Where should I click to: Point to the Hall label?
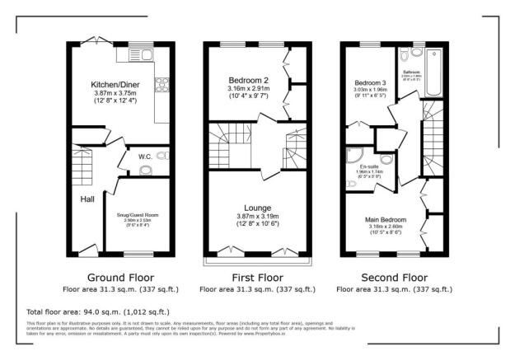[x=87, y=199]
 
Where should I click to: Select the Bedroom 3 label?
[x=370, y=83]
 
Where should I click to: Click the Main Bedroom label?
[x=386, y=220]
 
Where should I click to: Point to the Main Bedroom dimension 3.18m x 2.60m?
[x=386, y=228]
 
